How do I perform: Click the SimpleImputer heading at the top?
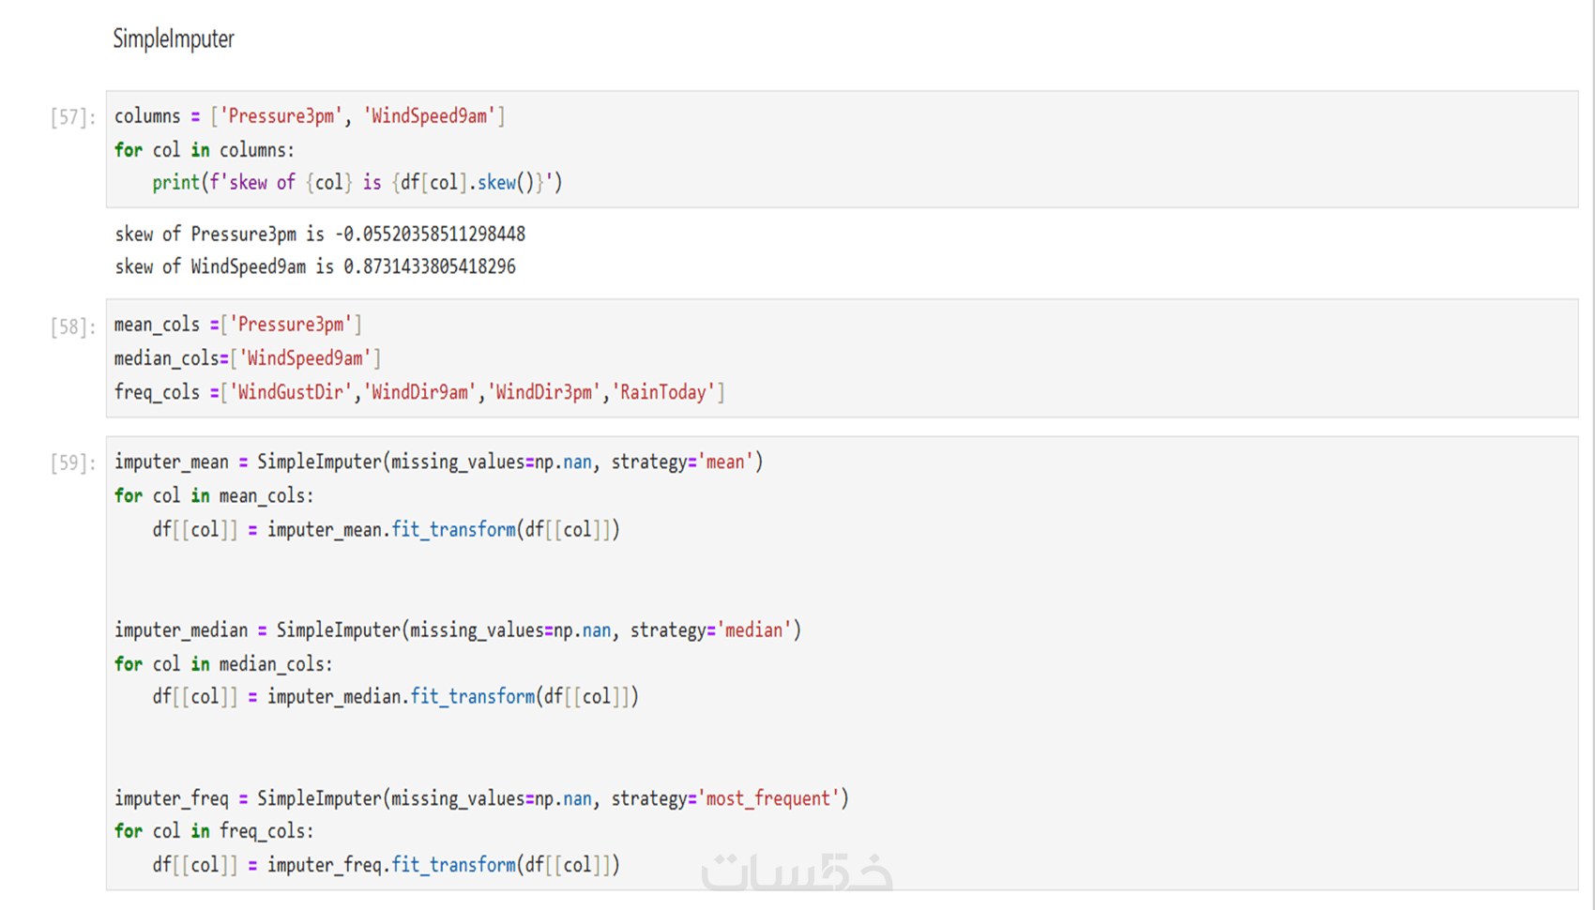pyautogui.click(x=174, y=39)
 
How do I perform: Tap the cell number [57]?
pyautogui.click(x=72, y=117)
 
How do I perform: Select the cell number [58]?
pyautogui.click(x=72, y=326)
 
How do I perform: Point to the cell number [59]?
pyautogui.click(x=72, y=463)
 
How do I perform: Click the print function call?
pyautogui.click(x=175, y=183)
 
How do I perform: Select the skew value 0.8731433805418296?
pyautogui.click(x=430, y=267)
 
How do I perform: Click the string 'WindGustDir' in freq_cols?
pyautogui.click(x=290, y=393)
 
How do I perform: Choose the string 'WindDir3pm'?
pyautogui.click(x=544, y=393)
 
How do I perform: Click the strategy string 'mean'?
pyautogui.click(x=725, y=463)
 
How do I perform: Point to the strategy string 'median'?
pyautogui.click(x=753, y=630)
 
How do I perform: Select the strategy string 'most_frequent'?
pyautogui.click(x=767, y=799)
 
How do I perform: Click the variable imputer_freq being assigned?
pyautogui.click(x=172, y=799)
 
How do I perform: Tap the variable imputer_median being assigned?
pyautogui.click(x=181, y=630)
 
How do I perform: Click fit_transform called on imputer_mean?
pyautogui.click(x=453, y=530)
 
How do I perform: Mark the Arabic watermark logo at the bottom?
pyautogui.click(x=797, y=872)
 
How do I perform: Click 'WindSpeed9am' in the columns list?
pyautogui.click(x=430, y=117)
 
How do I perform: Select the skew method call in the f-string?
pyautogui.click(x=496, y=183)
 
